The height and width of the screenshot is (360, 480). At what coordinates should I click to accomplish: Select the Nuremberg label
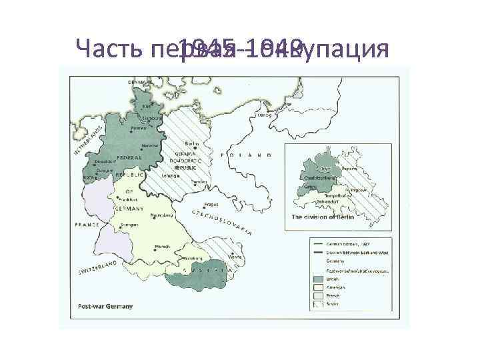(163, 215)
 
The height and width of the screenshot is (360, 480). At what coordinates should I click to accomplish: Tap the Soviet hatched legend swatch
(319, 304)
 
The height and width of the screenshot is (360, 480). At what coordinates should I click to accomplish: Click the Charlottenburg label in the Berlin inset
(319, 178)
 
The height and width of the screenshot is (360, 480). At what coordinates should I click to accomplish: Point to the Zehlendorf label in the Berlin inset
(323, 199)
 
